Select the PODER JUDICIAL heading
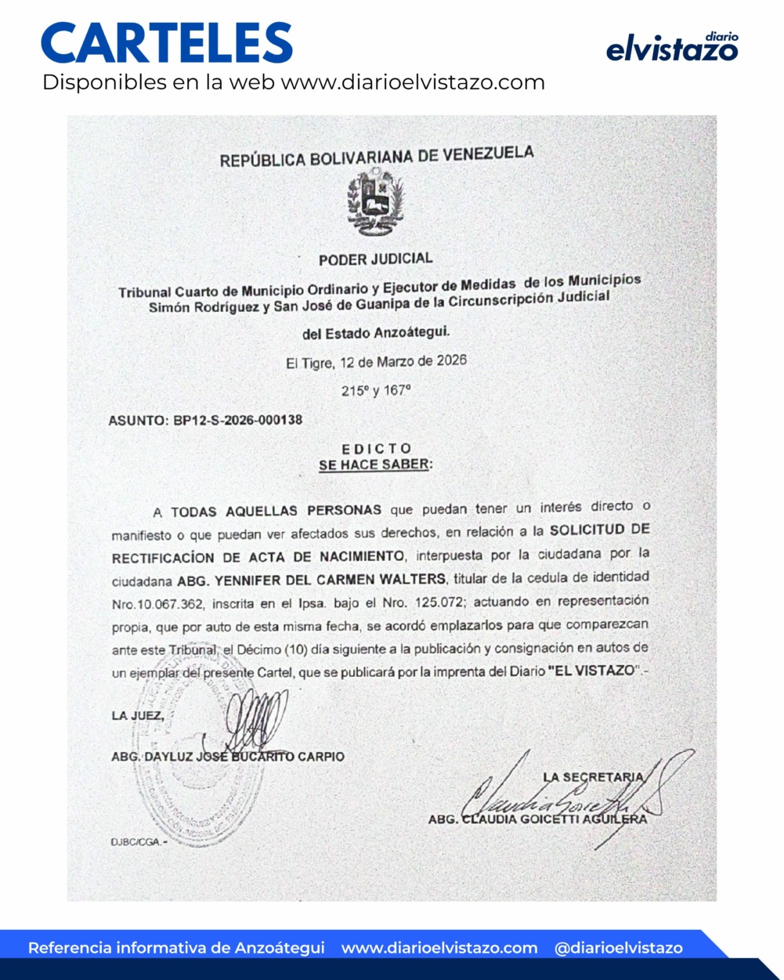tap(375, 259)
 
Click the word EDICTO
tap(377, 449)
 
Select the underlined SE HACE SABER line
tap(375, 465)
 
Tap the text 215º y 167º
tap(376, 390)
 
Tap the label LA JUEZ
tap(138, 715)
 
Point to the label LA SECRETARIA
tap(593, 777)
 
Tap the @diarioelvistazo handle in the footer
tap(618, 948)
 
